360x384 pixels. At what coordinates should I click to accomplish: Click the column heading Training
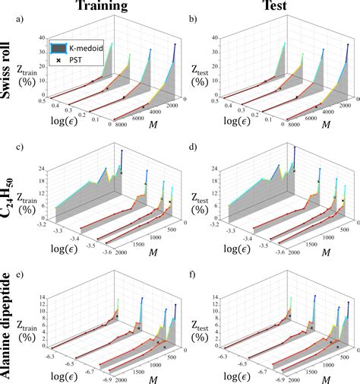(109, 7)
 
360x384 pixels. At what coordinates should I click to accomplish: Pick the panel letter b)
(196, 17)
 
